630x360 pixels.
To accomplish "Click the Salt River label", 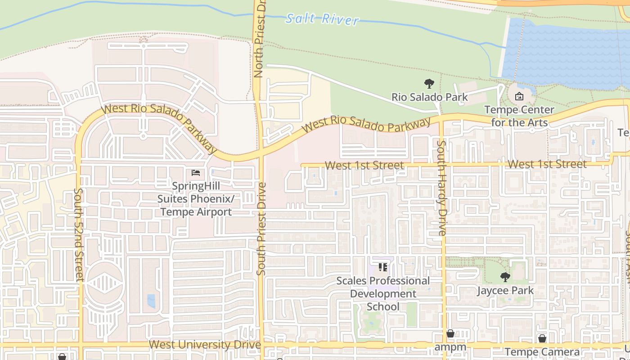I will pos(323,19).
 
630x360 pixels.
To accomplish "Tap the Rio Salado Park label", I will pos(429,97).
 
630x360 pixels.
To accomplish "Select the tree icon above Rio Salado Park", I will pos(429,83).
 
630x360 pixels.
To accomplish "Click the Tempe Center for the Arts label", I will pos(519,116).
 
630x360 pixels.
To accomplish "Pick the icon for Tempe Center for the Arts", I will pos(519,96).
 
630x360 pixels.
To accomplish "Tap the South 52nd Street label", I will pos(79,234).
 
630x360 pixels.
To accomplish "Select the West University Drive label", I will pos(205,345).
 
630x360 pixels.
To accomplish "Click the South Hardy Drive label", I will pos(442,188).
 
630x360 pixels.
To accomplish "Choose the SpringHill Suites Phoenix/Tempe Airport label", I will pos(196,198).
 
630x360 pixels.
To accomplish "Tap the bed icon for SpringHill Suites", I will pos(196,172).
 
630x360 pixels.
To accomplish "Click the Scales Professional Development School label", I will pos(383,293).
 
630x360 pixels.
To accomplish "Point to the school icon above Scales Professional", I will pos(383,268).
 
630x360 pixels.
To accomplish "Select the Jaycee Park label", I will pos(505,290).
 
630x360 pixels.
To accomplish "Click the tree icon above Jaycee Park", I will pos(505,277).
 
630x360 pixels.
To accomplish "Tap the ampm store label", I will pos(450,347).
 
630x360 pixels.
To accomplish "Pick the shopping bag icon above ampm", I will pos(450,334).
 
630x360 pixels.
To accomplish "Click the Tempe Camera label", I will pos(542,352).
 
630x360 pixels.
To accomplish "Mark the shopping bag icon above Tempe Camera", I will pos(542,338).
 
